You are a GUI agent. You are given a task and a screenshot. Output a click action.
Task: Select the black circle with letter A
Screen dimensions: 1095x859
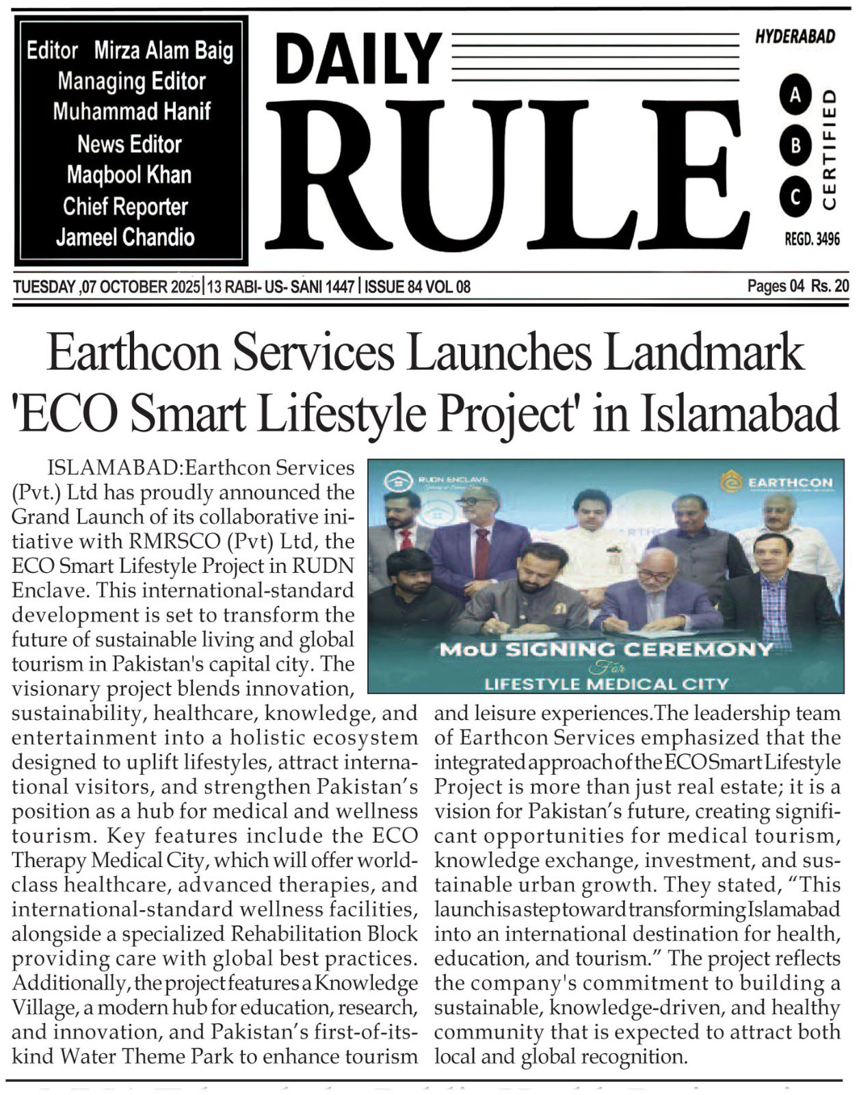(x=795, y=96)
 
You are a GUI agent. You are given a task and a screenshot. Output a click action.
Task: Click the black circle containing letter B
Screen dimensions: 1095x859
(x=795, y=146)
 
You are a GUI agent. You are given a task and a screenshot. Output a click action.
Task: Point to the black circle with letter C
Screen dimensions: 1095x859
(x=795, y=197)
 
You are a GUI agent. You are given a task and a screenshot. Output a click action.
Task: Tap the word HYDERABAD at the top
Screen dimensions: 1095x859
(x=795, y=37)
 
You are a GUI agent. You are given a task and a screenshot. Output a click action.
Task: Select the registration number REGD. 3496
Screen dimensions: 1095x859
(x=812, y=239)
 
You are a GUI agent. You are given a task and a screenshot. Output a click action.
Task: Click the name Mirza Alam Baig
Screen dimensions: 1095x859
(x=163, y=51)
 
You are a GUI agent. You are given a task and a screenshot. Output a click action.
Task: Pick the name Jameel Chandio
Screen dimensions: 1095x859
(x=125, y=237)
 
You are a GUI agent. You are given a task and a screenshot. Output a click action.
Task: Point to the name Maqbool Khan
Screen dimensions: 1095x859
(x=129, y=175)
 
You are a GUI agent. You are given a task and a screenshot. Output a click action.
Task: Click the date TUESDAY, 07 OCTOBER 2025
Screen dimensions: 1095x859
(x=107, y=287)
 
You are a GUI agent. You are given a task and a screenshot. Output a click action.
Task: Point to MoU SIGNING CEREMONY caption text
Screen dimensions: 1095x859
(x=605, y=649)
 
